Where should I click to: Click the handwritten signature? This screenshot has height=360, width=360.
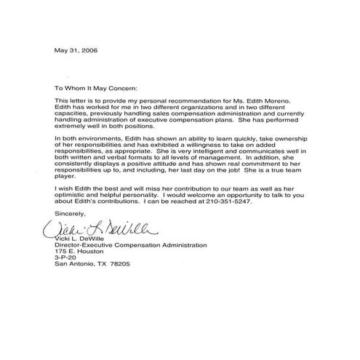coord(95,231)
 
